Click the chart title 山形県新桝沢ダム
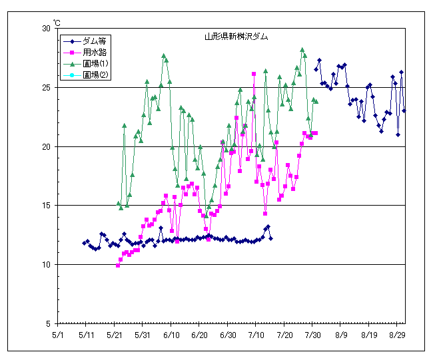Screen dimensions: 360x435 (x=236, y=37)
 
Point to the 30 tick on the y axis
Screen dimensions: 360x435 (x=46, y=29)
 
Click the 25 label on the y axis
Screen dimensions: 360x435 (x=46, y=87)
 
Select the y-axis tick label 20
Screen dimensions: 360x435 (x=46, y=146)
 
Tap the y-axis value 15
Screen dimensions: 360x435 (x=46, y=206)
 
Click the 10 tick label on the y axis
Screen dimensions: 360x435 (x=46, y=264)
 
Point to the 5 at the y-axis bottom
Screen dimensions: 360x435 (x=49, y=323)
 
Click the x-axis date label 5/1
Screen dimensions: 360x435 (x=58, y=336)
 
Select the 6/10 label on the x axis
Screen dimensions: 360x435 (x=171, y=336)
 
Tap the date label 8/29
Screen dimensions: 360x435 (x=398, y=336)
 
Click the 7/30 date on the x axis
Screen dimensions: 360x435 (x=313, y=336)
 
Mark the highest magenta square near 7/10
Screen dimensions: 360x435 (x=254, y=74)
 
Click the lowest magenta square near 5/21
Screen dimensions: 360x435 (x=118, y=266)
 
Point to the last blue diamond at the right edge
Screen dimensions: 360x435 (x=404, y=110)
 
